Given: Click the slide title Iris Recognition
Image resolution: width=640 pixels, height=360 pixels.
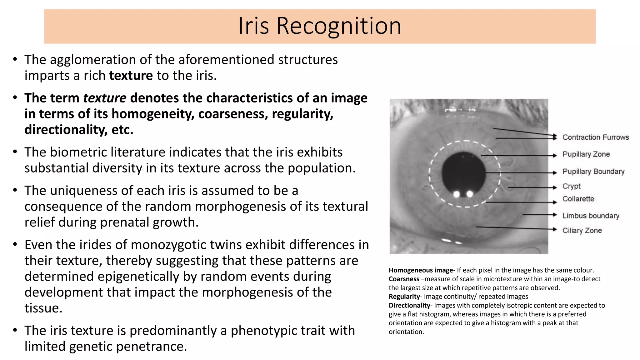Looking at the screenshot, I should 320,26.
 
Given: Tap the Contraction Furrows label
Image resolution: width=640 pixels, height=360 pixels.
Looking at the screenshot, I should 595,137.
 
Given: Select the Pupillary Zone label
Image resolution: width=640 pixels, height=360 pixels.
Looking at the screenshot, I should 586,154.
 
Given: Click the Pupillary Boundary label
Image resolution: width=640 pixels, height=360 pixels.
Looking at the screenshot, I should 593,171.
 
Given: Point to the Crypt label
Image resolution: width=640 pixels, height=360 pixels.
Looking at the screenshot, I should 571,186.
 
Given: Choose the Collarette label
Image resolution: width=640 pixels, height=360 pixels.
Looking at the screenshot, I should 578,199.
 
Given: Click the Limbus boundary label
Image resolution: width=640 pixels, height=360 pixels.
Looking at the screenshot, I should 591,216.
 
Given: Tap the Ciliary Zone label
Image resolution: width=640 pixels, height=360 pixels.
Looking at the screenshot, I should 582,230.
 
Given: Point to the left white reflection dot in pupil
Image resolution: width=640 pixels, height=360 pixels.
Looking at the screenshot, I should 457,194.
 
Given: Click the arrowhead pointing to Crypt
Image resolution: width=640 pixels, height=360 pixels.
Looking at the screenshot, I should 555,187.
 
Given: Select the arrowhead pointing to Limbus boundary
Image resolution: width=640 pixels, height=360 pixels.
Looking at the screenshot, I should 555,215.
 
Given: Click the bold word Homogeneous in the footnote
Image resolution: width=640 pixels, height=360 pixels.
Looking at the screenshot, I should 405,270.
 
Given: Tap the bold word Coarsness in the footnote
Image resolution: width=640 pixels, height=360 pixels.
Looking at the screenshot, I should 404,279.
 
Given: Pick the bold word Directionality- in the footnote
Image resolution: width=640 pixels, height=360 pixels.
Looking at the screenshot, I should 411,305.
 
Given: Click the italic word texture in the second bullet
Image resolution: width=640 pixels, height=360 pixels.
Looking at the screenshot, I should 105,98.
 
